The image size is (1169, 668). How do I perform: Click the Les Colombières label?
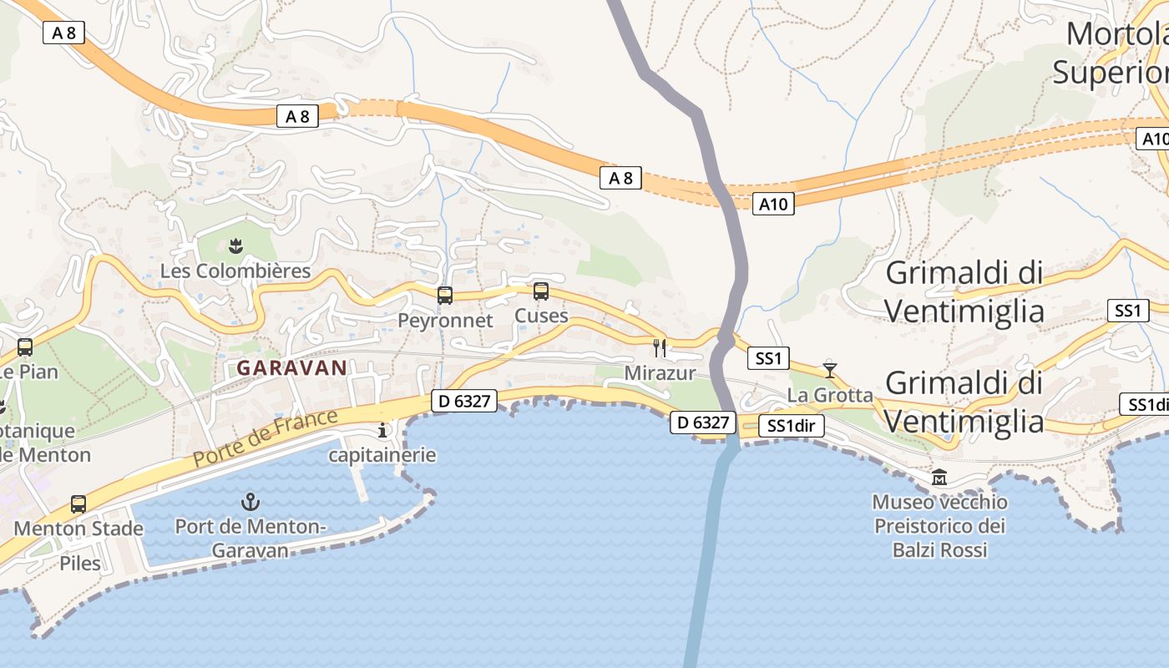tap(235, 271)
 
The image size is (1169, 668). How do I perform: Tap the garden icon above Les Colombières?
tap(235, 245)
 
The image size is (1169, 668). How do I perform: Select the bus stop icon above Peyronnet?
tap(445, 295)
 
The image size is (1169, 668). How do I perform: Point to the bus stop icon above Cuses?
tap(541, 291)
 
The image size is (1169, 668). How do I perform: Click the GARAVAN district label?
tap(291, 367)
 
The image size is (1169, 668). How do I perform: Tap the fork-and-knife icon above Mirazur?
tap(660, 347)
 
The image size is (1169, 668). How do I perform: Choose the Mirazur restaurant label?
tap(660, 373)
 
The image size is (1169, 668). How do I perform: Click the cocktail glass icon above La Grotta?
tap(829, 369)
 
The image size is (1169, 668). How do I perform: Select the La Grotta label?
tap(830, 395)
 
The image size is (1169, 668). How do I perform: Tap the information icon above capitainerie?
tap(383, 430)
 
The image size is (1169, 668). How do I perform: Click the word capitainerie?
tap(382, 455)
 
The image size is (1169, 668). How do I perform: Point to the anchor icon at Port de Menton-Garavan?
tap(250, 502)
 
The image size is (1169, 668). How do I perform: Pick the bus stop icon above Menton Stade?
tap(78, 504)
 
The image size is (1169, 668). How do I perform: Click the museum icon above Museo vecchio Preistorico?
tap(939, 478)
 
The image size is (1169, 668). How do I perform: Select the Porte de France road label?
tap(266, 438)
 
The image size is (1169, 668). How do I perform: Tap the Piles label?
tap(80, 564)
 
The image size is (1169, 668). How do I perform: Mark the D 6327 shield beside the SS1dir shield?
tap(703, 423)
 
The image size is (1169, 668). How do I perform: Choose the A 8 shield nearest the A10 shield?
tap(620, 177)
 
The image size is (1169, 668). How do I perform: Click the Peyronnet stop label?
tap(445, 321)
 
